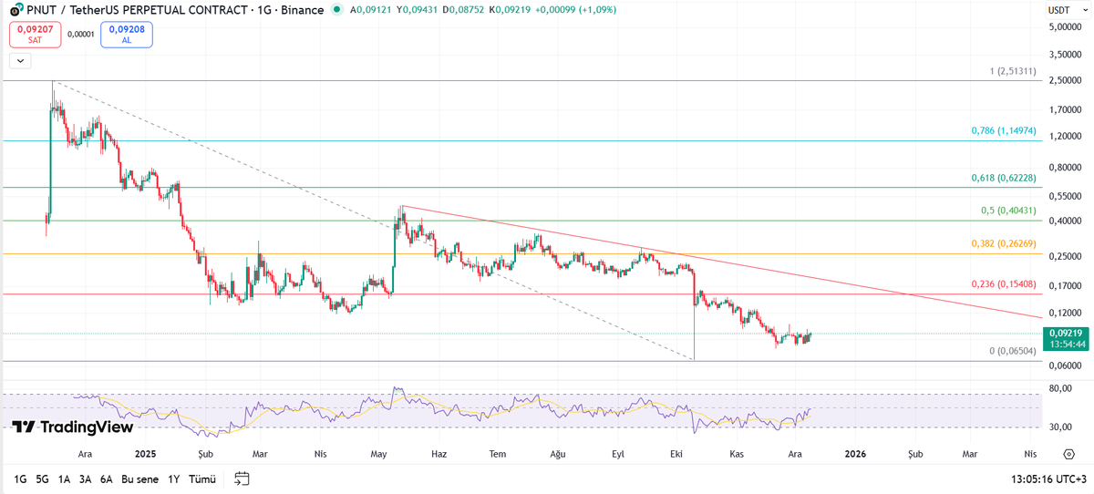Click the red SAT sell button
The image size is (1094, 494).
[35, 35]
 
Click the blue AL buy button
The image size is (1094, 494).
[127, 35]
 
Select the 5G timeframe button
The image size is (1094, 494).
[42, 479]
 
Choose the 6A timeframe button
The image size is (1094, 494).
[106, 479]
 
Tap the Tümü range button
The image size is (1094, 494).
[201, 479]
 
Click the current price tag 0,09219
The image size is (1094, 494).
[1065, 338]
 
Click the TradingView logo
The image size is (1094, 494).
[73, 427]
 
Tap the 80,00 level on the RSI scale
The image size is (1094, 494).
[1059, 388]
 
